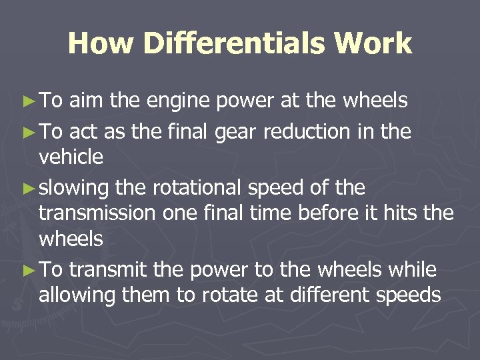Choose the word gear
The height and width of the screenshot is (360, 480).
[x=237, y=133]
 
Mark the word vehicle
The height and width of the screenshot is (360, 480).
[x=71, y=157]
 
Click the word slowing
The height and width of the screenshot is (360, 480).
[x=74, y=189]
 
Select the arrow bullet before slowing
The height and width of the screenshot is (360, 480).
[x=27, y=189]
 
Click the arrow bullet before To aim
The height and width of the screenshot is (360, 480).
[x=27, y=101]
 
